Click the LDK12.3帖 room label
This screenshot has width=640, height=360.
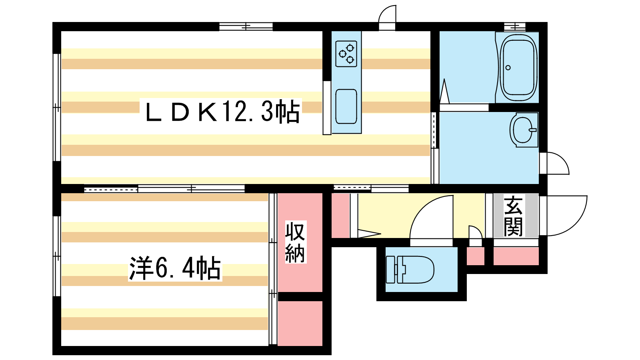click(x=222, y=112)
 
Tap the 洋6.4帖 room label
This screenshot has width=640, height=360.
click(x=175, y=268)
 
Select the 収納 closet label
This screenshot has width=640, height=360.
click(x=295, y=242)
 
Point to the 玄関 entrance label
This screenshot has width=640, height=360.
click(x=513, y=216)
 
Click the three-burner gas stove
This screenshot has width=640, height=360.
click(x=346, y=54)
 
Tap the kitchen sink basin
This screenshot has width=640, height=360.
click(x=346, y=106)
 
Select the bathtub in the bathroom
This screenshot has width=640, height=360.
click(x=518, y=68)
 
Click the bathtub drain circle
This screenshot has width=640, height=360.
click(x=508, y=68)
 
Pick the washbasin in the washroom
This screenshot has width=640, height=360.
click(x=524, y=130)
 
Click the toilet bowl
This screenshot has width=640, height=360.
click(x=410, y=270)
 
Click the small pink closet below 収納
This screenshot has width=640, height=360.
click(x=300, y=323)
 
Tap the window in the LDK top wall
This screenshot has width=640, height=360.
click(x=246, y=26)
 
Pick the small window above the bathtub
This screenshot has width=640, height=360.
click(x=515, y=26)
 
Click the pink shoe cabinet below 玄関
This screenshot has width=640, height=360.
click(x=516, y=256)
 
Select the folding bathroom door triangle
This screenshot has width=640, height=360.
click(x=444, y=92)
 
